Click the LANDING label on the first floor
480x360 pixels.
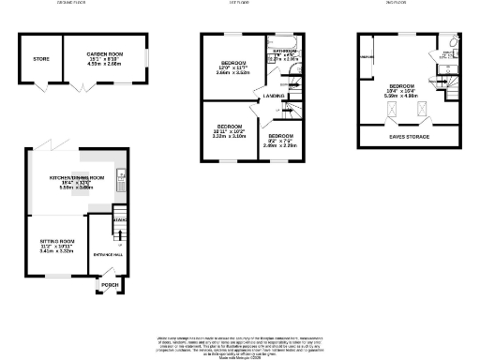click(x=274, y=96)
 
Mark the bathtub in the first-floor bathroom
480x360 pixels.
click(x=282, y=42)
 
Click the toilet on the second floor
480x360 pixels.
click(x=452, y=43)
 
